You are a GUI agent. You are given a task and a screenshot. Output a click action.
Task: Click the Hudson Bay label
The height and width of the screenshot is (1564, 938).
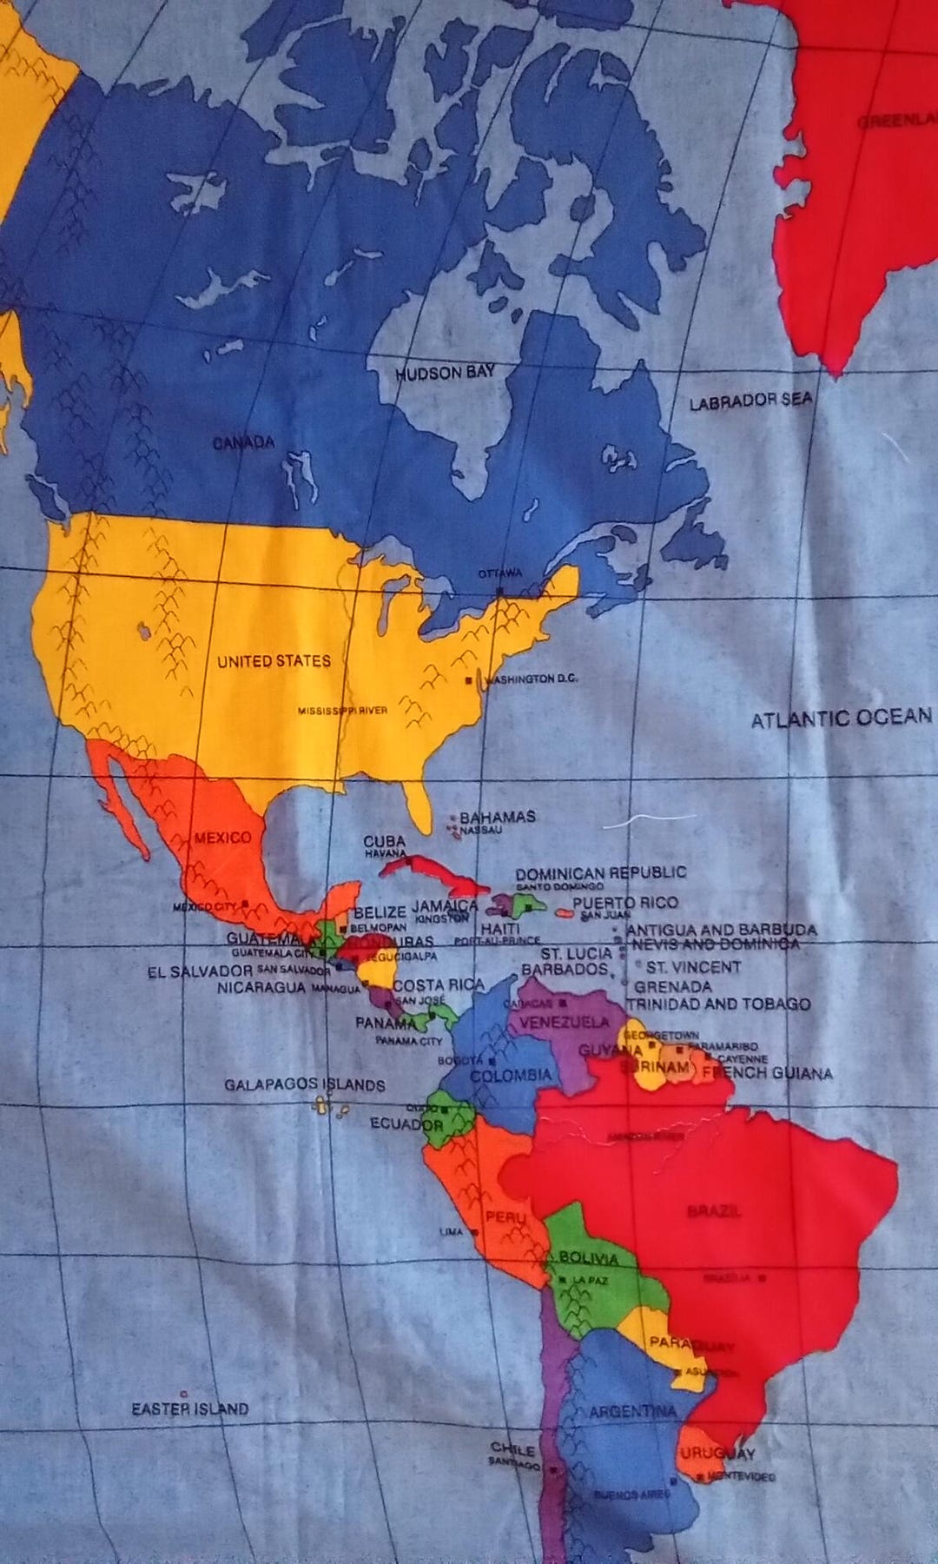(x=446, y=374)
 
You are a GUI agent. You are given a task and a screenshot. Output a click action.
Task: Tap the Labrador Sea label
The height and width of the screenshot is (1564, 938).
(x=751, y=401)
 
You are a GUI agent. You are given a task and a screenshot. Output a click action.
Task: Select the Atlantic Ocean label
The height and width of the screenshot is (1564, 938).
(x=841, y=719)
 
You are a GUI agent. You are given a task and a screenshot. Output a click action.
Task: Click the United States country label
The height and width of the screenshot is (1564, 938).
(x=274, y=661)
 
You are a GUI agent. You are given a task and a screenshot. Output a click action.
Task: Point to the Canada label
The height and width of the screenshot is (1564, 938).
(x=244, y=443)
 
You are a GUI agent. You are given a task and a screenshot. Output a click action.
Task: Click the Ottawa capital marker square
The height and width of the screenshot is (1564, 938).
(x=500, y=591)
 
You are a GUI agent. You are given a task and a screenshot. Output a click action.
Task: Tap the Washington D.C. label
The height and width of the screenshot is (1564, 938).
(x=532, y=679)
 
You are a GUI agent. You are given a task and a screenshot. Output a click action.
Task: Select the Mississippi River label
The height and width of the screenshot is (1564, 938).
(x=342, y=711)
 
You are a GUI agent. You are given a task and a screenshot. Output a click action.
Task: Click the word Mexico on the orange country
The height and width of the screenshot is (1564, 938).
(x=222, y=838)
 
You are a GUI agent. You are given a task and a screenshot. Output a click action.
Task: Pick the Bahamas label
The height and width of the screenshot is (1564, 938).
(x=497, y=817)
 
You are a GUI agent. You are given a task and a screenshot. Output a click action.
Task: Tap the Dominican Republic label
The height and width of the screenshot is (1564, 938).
(x=601, y=872)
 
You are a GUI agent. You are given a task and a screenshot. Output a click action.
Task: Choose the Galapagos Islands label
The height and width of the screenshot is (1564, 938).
(x=304, y=1085)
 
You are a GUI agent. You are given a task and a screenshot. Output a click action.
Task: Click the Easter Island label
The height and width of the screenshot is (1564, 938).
(x=189, y=1408)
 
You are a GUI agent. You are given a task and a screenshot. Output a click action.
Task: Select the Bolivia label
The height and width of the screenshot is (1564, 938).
(x=589, y=1259)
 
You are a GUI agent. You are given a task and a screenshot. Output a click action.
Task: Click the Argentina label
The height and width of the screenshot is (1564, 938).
(x=632, y=1412)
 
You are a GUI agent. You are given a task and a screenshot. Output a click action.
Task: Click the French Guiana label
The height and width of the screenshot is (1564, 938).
(x=767, y=1073)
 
